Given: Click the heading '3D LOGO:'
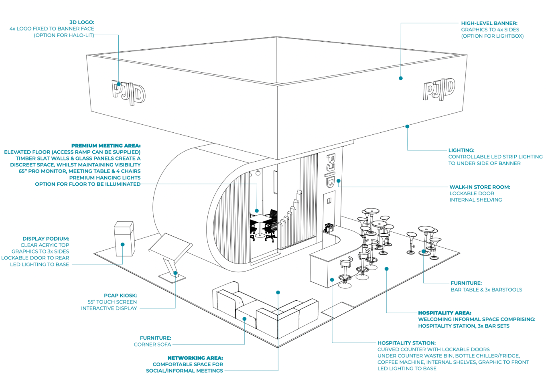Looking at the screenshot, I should (x=82, y=22).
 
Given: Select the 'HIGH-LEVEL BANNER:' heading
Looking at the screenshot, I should (x=489, y=23).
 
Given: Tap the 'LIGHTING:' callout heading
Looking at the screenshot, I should (x=461, y=150).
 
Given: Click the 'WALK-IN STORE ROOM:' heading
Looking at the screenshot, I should (x=480, y=187).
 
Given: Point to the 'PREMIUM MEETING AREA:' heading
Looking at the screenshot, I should (x=106, y=146).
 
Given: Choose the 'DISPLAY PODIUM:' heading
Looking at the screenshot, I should (x=46, y=239).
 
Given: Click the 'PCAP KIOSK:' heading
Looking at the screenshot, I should (x=120, y=296).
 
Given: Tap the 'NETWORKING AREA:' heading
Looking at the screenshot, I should (x=195, y=358).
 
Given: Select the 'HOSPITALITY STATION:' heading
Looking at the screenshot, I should (x=406, y=343).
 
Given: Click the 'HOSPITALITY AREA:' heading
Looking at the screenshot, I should (x=444, y=313).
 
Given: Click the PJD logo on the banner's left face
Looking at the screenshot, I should (x=128, y=93).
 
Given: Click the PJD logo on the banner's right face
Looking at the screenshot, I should (x=439, y=89).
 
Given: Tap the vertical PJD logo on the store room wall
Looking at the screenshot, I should (x=330, y=170).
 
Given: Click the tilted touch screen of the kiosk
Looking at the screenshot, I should (x=170, y=246).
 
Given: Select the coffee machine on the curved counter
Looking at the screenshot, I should (x=329, y=228).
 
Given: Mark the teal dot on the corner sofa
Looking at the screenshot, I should (x=244, y=319).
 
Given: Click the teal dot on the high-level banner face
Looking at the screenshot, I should (x=400, y=78).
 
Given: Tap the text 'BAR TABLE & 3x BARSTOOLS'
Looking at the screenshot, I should (x=486, y=290).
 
